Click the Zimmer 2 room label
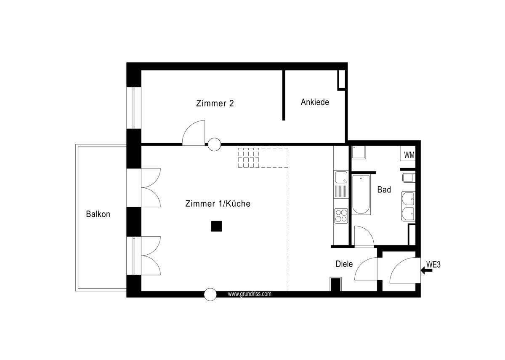pyautogui.click(x=215, y=103)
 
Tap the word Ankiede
pyautogui.click(x=315, y=102)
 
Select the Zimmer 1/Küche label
pyautogui.click(x=218, y=204)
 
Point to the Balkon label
pyautogui.click(x=98, y=214)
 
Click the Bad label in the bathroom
pyautogui.click(x=384, y=189)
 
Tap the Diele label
pyautogui.click(x=344, y=264)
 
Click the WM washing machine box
pyautogui.click(x=409, y=155)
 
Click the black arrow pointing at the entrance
pyautogui.click(x=427, y=271)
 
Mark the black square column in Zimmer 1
pyautogui.click(x=216, y=227)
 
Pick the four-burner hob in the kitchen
pyautogui.click(x=341, y=216)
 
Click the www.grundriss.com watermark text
pyautogui.click(x=250, y=294)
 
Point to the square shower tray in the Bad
pyautogui.click(x=359, y=152)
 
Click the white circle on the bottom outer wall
pyautogui.click(x=210, y=295)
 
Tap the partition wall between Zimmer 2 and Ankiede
pyautogui.click(x=284, y=95)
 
